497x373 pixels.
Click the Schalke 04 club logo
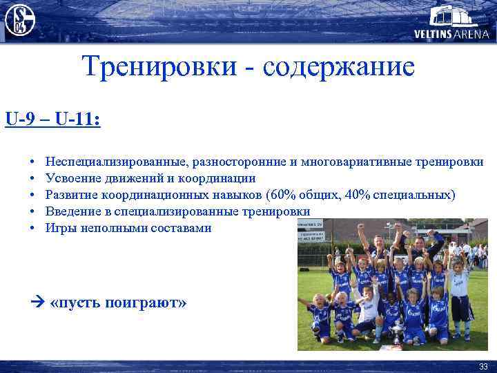[x=19, y=19]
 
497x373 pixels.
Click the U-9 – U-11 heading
[x=52, y=119]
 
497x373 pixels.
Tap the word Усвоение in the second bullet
[x=70, y=179]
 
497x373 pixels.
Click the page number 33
[x=482, y=366]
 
